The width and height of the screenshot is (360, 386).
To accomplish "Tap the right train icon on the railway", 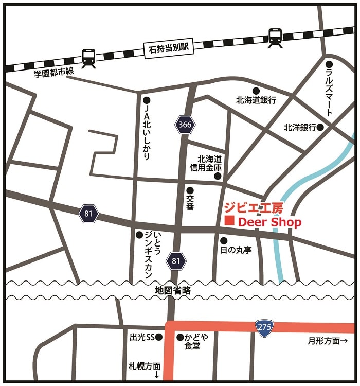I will pyautogui.click(x=275, y=37).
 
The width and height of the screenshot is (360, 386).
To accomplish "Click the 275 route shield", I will pyautogui.click(x=265, y=326).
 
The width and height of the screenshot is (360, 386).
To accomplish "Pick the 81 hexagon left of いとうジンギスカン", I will pyautogui.click(x=88, y=213).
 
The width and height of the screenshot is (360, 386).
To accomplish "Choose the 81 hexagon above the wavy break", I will pyautogui.click(x=176, y=261).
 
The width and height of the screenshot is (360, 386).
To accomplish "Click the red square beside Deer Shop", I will pyautogui.click(x=229, y=221).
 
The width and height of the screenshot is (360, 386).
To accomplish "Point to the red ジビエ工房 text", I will pyautogui.click(x=254, y=208).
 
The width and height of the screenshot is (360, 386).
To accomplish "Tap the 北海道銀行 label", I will pyautogui.click(x=256, y=100).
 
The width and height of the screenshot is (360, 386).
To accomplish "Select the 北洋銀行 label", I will pyautogui.click(x=299, y=127).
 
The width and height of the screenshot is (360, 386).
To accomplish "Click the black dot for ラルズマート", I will pyautogui.click(x=329, y=64).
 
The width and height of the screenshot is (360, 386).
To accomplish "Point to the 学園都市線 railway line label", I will pyautogui.click(x=53, y=74).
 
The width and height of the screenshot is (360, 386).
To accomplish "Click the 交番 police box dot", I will pyautogui.click(x=190, y=190).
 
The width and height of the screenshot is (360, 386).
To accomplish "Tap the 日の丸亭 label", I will pyautogui.click(x=236, y=250).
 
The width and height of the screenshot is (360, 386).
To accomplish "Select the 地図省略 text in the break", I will pyautogui.click(x=173, y=291).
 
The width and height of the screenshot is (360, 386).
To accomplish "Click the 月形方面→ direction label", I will pyautogui.click(x=328, y=341).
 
